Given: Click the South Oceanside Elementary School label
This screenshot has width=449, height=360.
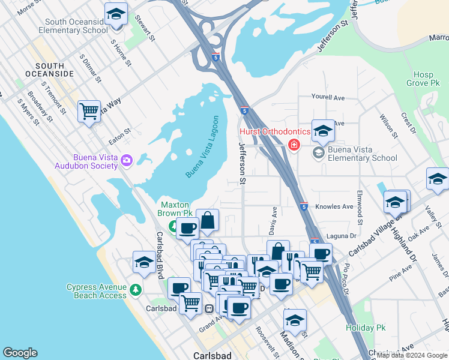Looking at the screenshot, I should [73, 25].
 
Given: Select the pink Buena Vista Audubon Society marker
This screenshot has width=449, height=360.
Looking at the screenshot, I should [127, 160].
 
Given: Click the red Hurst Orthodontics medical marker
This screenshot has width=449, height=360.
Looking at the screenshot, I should [294, 145].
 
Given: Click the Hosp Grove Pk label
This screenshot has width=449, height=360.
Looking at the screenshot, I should [423, 79].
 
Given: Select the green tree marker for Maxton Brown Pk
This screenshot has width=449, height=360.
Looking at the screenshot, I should [173, 226].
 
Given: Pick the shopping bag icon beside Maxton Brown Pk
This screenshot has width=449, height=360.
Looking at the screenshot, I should [207, 220].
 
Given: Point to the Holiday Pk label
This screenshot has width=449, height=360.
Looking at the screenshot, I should [365, 328].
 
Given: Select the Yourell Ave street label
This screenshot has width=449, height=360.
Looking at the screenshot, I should [328, 97].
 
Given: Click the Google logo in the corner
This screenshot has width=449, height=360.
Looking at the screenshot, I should [20, 353].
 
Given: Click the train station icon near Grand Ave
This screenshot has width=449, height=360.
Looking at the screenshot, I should [209, 308].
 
